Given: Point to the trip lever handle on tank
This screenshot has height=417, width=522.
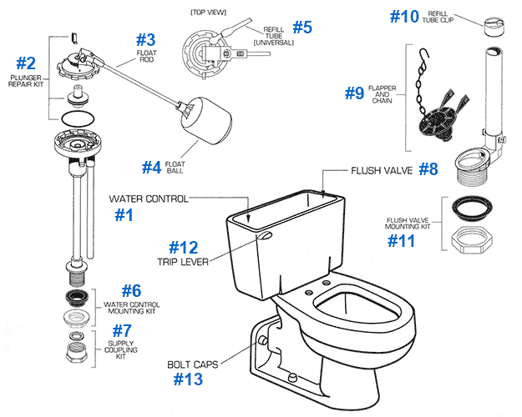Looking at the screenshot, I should tap(265, 236).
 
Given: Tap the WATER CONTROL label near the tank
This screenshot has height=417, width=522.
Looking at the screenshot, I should tap(148, 199).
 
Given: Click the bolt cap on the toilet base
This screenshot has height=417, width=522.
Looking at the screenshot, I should tap(261, 341).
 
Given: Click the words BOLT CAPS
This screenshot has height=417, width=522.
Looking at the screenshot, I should tap(192, 364).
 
